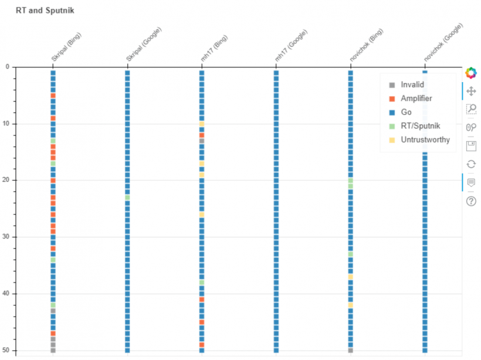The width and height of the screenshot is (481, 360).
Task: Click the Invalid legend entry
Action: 412,85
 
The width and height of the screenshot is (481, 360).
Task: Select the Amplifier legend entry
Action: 416,99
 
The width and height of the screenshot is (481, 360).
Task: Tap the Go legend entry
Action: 406,112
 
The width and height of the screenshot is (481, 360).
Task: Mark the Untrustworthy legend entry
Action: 425,140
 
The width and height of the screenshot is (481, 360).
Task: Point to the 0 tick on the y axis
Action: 7,67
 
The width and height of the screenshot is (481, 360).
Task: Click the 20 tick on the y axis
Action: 6,180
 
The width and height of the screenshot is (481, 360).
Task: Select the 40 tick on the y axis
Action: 6,294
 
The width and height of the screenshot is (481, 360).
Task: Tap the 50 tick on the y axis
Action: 6,350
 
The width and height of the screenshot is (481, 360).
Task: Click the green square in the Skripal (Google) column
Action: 127,198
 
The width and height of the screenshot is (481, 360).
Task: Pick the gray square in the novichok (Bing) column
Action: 350,351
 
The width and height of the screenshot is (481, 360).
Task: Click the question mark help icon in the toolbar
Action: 470,202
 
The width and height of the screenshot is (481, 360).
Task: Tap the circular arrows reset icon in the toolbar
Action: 470,164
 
